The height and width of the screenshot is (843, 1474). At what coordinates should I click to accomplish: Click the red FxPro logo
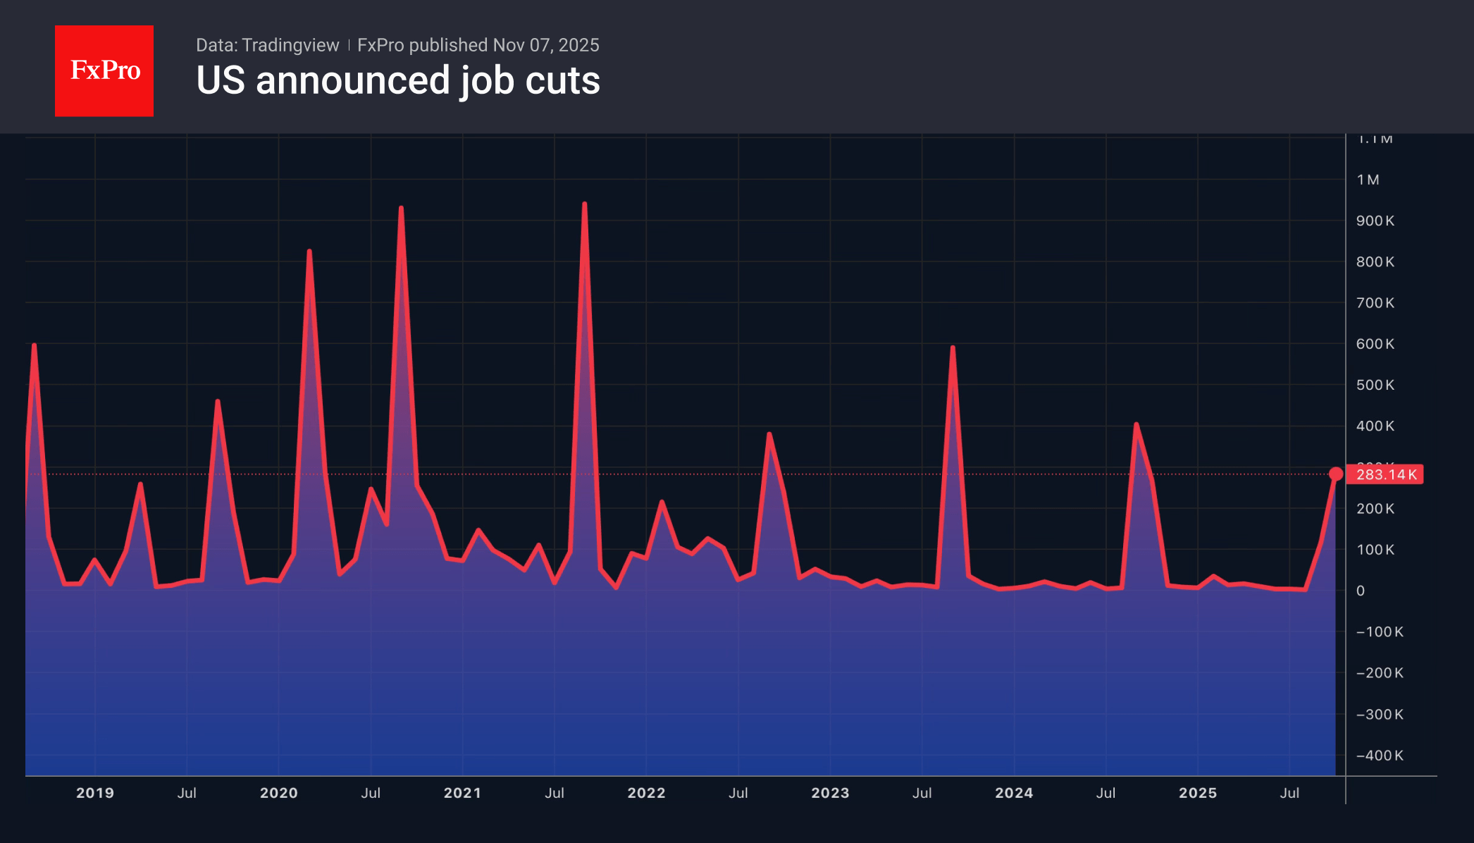coord(104,70)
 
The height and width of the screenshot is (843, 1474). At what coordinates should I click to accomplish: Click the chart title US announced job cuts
coord(397,80)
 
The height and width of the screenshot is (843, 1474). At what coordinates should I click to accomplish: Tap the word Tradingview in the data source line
coord(290,45)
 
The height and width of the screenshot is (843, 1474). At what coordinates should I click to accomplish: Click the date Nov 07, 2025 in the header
coord(546,45)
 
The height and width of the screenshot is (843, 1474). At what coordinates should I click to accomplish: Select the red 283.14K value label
coord(1385,474)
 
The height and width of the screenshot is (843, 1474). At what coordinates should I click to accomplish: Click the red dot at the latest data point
coord(1335,474)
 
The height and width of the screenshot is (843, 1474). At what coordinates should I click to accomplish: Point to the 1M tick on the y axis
coord(1368,180)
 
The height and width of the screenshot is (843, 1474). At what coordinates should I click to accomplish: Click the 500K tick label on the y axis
coord(1375,385)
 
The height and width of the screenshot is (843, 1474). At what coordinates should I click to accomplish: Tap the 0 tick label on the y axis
coord(1361,591)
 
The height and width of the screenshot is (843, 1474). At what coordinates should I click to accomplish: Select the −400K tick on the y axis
coord(1380,755)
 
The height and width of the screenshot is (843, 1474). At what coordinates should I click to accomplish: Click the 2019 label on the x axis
coord(95,793)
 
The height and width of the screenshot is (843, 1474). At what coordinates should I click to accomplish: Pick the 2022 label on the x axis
coord(646,793)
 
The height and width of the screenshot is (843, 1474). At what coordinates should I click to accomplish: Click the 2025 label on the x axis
coord(1198,793)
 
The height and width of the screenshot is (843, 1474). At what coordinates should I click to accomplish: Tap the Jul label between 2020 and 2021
coord(371,793)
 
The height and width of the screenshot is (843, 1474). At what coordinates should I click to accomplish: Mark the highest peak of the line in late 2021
coord(585,204)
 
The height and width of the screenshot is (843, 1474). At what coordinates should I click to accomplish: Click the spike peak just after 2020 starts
coord(309,252)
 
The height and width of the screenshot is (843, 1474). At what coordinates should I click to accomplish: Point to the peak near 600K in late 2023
coord(953,347)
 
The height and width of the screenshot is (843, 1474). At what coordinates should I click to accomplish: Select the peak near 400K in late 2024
coord(1136,424)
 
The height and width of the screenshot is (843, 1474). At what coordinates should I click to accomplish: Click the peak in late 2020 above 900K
coord(401,208)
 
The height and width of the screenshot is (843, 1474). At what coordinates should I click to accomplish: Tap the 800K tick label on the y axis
coord(1375,261)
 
